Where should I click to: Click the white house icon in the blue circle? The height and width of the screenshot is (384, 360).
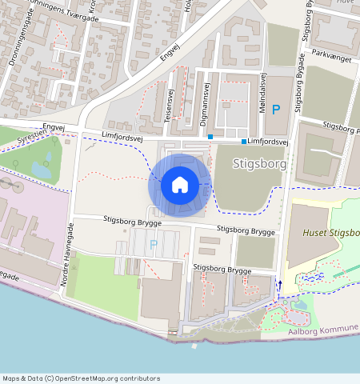(x=180, y=185)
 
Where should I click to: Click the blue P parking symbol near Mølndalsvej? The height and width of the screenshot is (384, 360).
(x=276, y=110)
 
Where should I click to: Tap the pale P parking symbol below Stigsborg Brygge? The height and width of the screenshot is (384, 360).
(x=153, y=242)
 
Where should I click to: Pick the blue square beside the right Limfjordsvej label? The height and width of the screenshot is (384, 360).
(x=244, y=141)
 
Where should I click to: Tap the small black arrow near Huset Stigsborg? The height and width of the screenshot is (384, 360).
(x=279, y=283)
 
